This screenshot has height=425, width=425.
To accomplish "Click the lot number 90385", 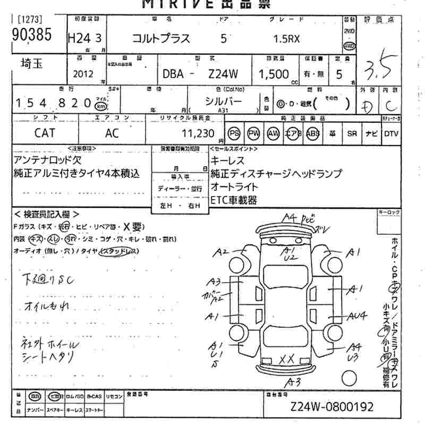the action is pyautogui.click(x=30, y=36).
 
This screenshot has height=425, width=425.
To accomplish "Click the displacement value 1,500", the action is pyautogui.click(x=274, y=74).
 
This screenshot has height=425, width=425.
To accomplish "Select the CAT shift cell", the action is pyautogui.click(x=45, y=133).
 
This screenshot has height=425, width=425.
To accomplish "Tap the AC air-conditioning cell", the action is pyautogui.click(x=112, y=133).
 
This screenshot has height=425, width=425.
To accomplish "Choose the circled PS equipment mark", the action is pyautogui.click(x=234, y=133).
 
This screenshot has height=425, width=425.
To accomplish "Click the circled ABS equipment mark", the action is pyautogui.click(x=313, y=133).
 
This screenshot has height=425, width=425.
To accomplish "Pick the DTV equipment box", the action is pyautogui.click(x=391, y=133).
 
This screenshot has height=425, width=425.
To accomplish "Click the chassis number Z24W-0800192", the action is pyautogui.click(x=332, y=407).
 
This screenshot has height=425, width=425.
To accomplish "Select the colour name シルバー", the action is pyautogui.click(x=223, y=101).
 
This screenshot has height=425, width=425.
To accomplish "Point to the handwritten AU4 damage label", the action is pyautogui.click(x=358, y=316).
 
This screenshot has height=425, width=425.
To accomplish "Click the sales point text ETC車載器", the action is pyautogui.click(x=234, y=200).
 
